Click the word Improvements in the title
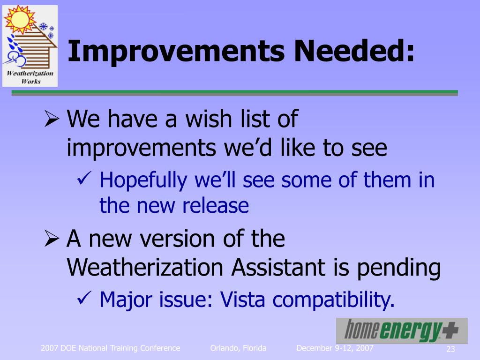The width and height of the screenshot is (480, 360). (176, 52)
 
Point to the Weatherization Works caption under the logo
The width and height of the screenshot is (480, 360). (30, 77)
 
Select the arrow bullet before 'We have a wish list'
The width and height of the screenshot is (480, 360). (52, 119)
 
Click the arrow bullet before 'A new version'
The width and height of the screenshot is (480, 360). (52, 239)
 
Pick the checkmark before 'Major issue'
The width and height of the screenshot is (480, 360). (84, 297)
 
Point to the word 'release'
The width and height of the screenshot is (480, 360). (215, 205)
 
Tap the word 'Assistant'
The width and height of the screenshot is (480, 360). (278, 267)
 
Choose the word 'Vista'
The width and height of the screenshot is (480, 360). (242, 299)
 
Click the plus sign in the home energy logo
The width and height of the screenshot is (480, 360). (450, 330)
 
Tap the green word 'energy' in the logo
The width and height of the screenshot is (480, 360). (410, 331)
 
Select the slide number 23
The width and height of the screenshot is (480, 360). (450, 349)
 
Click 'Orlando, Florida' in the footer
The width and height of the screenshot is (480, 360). (238, 348)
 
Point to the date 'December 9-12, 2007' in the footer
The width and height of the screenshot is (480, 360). (335, 348)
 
